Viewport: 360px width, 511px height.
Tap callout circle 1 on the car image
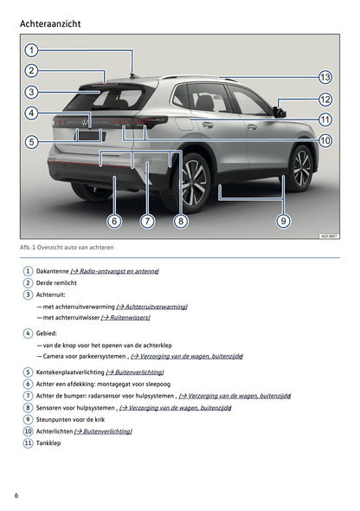(x=31, y=50)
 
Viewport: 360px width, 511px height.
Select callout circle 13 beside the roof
(x=325, y=77)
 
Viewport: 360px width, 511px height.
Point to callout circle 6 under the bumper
(x=114, y=221)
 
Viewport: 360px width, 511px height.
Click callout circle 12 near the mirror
(x=325, y=100)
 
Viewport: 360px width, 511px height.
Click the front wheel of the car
(x=300, y=166)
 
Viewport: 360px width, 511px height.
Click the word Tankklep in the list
(x=48, y=443)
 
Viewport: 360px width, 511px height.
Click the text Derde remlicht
(x=57, y=282)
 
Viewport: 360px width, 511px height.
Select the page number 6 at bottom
(x=16, y=495)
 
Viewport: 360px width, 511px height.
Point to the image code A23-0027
(x=329, y=235)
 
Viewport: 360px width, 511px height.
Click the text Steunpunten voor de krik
(x=77, y=418)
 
